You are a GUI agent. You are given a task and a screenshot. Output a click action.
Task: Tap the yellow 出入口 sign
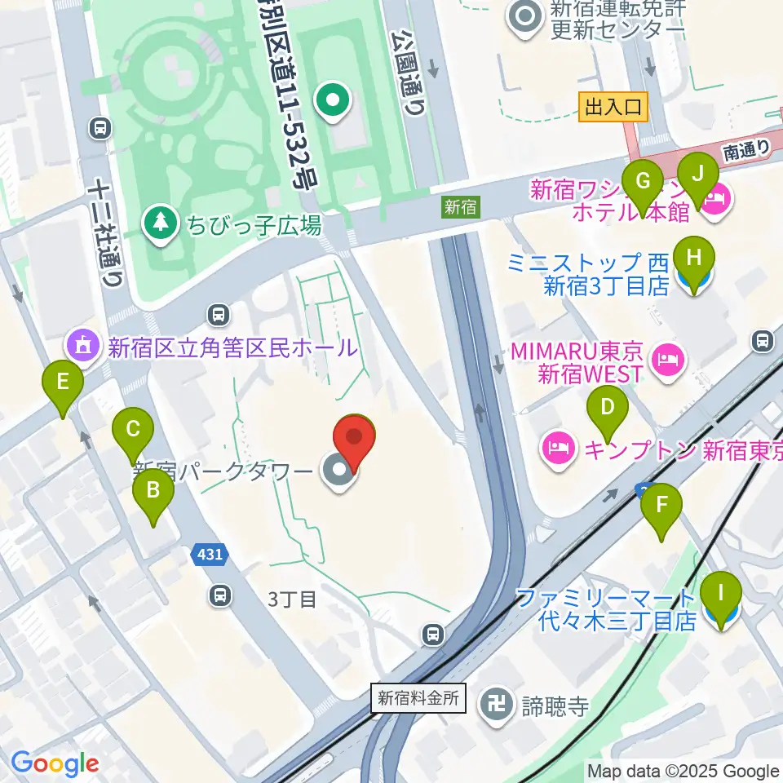pyautogui.click(x=613, y=107)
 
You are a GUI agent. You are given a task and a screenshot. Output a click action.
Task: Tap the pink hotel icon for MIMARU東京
pyautogui.click(x=667, y=359)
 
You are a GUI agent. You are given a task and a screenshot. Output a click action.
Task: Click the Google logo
pyautogui.click(x=55, y=763)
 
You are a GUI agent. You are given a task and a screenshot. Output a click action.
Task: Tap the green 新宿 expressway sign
pyautogui.click(x=460, y=207)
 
